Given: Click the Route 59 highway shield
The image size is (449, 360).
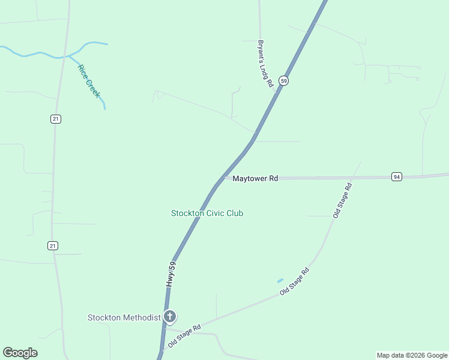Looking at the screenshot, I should (x=284, y=80).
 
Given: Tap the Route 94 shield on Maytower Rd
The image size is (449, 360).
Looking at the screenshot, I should (x=397, y=176).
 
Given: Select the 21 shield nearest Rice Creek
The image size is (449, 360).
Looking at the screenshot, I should (x=55, y=119).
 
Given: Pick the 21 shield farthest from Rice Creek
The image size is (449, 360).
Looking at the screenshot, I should (x=53, y=245).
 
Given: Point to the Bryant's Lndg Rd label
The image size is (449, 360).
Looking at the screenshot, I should (x=265, y=64).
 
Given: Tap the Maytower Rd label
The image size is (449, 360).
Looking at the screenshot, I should (x=255, y=179).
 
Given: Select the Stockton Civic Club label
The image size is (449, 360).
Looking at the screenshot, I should (x=207, y=213).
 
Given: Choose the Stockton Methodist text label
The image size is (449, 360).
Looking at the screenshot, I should (x=124, y=317).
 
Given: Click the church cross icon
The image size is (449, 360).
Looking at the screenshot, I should (x=170, y=316).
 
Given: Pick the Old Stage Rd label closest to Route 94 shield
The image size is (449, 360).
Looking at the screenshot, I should (x=342, y=200).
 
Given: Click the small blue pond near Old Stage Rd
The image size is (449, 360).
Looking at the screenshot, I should (x=280, y=280).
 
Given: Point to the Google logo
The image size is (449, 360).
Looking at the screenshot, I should (x=20, y=353).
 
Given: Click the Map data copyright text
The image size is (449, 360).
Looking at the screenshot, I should (x=411, y=355).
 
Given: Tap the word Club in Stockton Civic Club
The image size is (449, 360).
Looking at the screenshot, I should (x=235, y=213).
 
